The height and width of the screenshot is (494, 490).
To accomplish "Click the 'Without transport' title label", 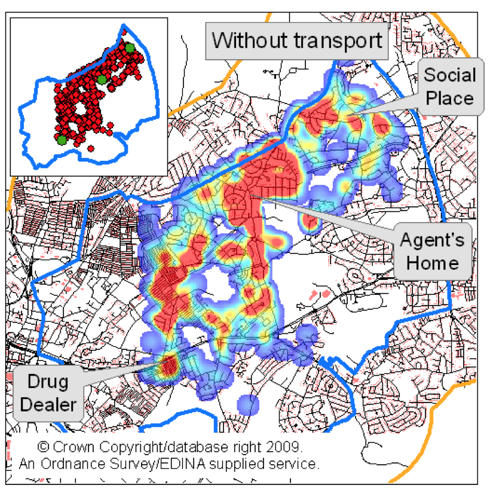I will [297, 41].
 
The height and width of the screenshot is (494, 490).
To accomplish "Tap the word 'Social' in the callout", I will [450, 75].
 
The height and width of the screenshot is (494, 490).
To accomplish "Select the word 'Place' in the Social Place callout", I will [450, 97].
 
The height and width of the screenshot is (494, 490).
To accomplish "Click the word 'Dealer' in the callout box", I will [45, 404].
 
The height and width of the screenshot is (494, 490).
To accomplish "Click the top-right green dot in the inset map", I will [130, 47].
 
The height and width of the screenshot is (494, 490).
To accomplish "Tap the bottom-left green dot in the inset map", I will [62, 139].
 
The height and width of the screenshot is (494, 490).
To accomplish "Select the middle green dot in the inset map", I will [102, 79].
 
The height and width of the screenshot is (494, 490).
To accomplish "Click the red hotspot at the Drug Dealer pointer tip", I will [170, 363].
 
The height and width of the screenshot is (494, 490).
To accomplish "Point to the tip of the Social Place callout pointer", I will [353, 111].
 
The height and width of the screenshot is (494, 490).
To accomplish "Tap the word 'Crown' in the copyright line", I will [75, 447].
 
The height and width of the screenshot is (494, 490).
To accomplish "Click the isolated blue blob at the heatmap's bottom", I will [247, 405].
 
